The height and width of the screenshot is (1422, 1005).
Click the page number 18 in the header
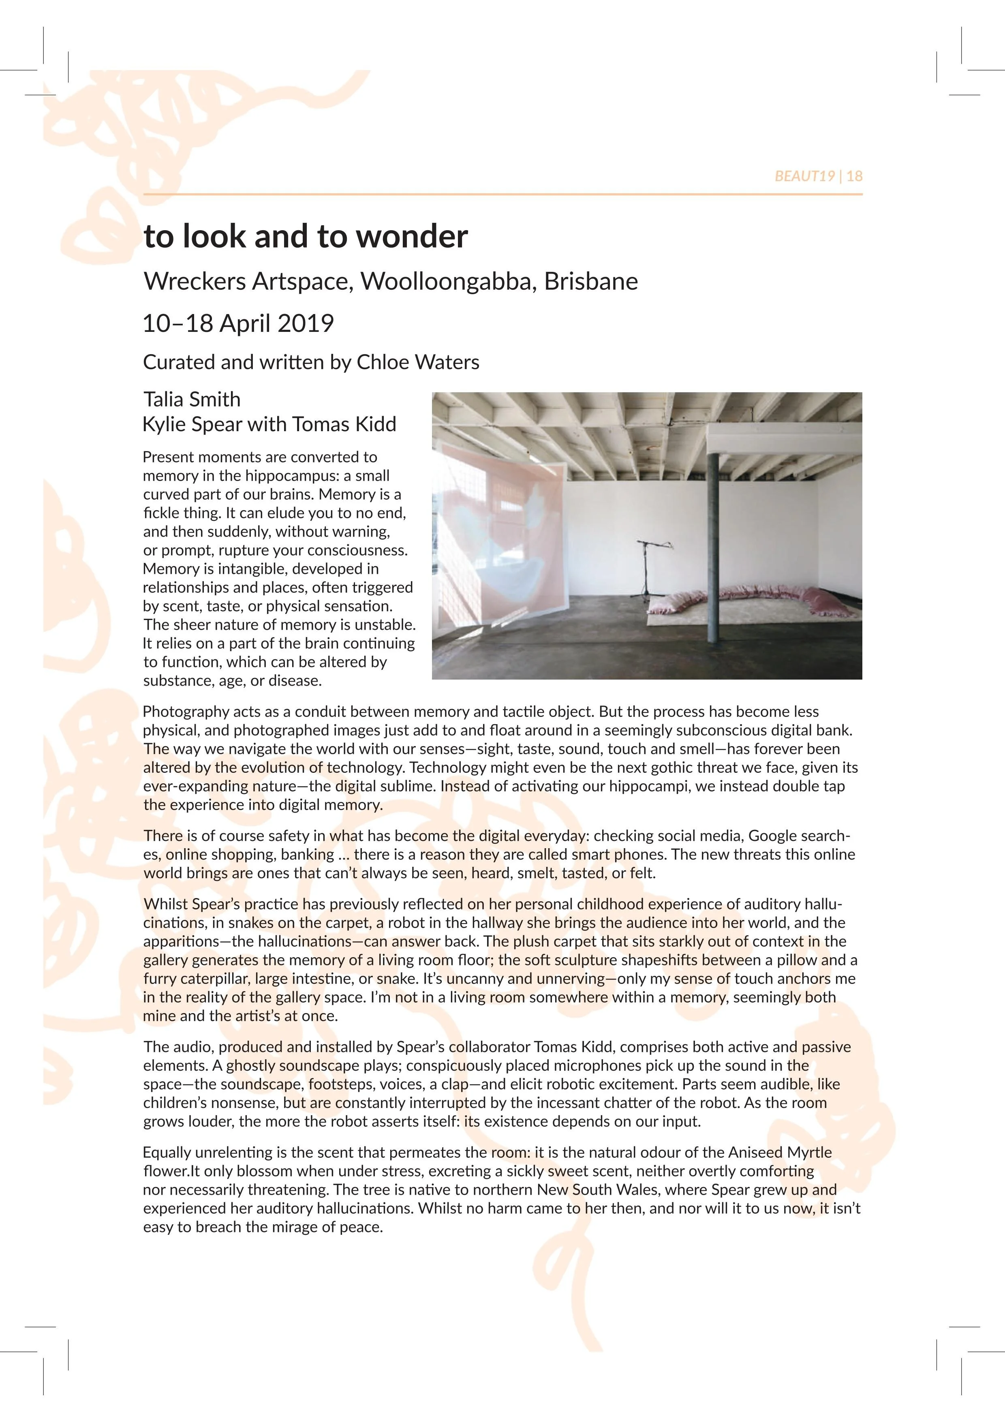855,177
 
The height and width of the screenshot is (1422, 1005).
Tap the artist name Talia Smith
192,400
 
